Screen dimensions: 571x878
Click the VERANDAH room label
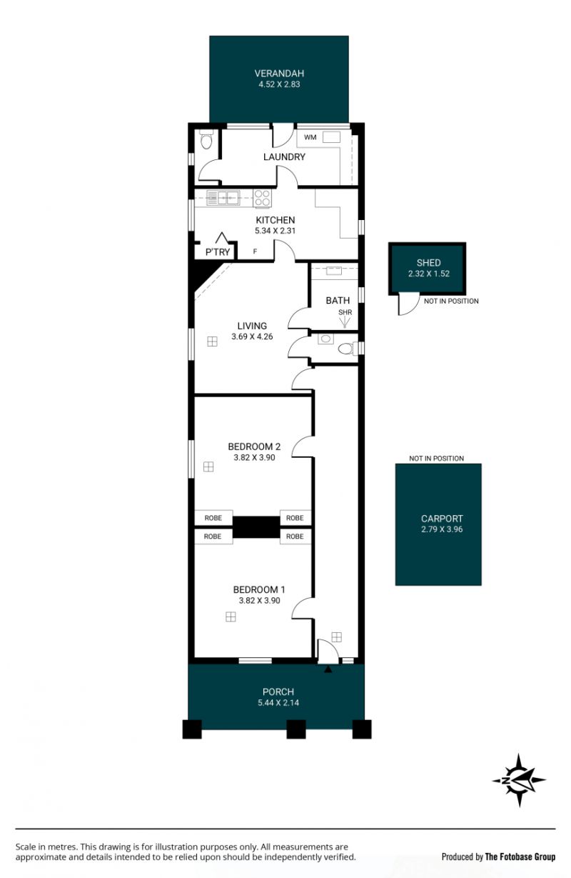tap(279, 74)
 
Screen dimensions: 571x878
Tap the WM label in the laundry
tap(310, 137)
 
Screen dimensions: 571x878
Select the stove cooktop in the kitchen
tap(262, 198)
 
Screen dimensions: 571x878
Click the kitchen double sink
tap(223, 198)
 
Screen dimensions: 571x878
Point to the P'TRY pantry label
tap(218, 252)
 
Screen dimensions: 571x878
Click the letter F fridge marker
tap(255, 251)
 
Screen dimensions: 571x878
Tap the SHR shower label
tap(345, 312)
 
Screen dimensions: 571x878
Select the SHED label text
tap(428, 263)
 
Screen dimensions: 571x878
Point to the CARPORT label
tap(441, 519)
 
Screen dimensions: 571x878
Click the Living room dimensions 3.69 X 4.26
tap(252, 336)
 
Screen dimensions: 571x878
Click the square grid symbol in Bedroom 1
tap(231, 617)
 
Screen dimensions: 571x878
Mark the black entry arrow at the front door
tap(328, 670)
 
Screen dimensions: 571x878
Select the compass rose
tap(518, 780)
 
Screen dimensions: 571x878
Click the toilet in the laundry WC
tap(206, 140)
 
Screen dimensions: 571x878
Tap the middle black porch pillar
tap(295, 729)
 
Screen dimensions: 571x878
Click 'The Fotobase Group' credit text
tap(520, 857)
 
